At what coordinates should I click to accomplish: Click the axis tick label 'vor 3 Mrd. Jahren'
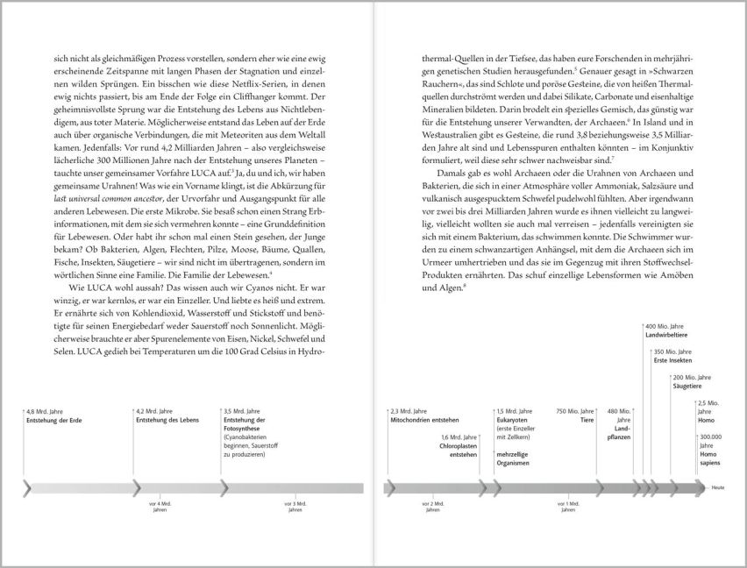(294, 507)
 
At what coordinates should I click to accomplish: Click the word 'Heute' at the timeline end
(718, 487)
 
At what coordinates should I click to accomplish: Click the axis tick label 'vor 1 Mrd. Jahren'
(573, 507)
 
